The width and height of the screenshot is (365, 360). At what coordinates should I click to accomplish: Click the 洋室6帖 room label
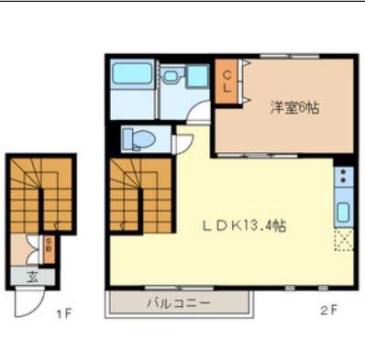coord(293,107)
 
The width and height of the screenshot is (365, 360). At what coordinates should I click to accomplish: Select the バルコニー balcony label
coord(179,301)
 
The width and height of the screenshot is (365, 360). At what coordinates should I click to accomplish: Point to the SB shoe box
coord(48,245)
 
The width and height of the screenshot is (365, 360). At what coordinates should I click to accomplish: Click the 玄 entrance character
coord(32,277)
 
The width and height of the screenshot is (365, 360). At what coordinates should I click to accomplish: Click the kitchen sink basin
coord(342,213)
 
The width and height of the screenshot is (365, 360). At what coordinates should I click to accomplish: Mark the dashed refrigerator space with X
coord(342,241)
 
